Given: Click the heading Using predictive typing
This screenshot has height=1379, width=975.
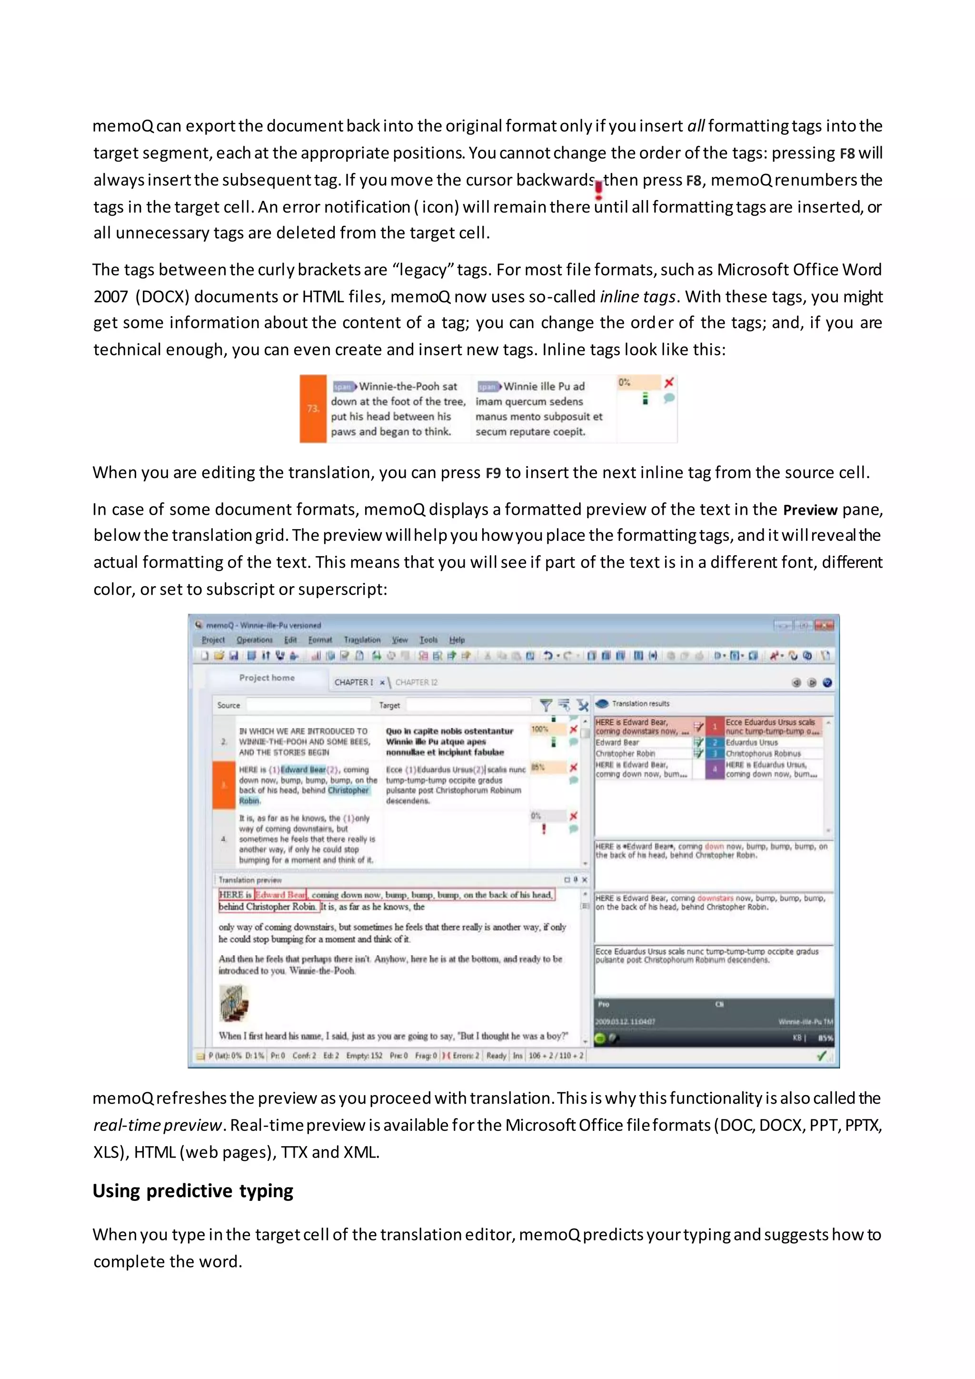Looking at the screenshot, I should coord(193,1190).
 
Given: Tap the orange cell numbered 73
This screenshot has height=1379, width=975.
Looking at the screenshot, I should coord(313,409).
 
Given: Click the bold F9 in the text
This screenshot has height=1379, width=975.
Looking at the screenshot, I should coord(493,473).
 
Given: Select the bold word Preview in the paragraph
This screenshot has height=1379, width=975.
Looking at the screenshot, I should coord(809,510).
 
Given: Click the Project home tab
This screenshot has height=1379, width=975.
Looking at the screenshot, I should coord(267,678).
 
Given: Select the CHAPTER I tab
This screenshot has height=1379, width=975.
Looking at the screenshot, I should coord(354,682).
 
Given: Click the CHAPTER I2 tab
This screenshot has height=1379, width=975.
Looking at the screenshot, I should coord(416,682).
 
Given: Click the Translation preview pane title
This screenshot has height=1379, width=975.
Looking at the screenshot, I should coord(250,880).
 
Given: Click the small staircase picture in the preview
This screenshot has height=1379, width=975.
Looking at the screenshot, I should coord(234,1003).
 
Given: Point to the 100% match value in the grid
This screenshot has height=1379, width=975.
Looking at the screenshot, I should coord(540,729).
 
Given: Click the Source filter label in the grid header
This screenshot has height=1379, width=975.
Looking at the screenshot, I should coord(228,705).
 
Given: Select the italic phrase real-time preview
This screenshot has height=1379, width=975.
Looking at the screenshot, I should coord(157,1125).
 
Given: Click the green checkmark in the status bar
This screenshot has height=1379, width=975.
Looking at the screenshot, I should coord(821,1055).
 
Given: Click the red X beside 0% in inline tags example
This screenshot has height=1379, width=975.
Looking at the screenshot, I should coord(669,382).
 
